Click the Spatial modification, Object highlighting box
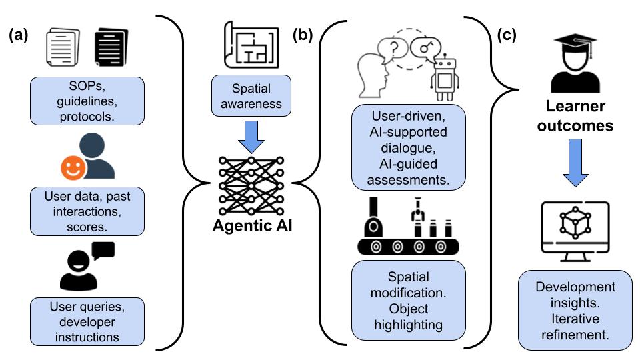click(409, 299)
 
